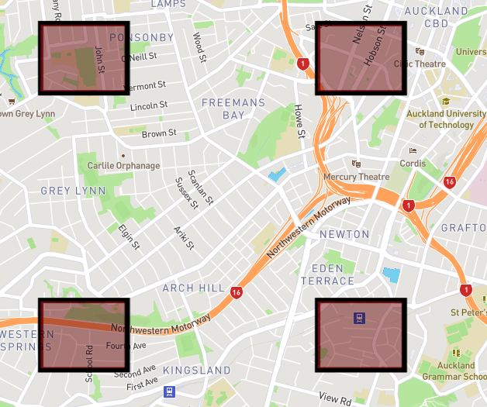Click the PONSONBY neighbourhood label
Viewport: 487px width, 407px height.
[142, 37]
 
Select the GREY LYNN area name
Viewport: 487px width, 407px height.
[67, 191]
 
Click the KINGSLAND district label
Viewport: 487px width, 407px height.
[197, 370]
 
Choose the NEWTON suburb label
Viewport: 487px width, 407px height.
[344, 234]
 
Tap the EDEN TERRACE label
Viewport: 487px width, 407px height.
[327, 274]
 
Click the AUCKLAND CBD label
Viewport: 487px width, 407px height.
[437, 17]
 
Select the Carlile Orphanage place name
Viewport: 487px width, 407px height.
[123, 166]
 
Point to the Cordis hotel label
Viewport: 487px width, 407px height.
[413, 164]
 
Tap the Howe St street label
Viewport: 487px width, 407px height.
[300, 122]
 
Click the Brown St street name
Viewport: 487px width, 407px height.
[159, 133]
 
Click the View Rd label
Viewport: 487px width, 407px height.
[335, 398]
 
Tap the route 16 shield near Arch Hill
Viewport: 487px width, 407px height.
[236, 292]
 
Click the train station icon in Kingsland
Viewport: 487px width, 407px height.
[170, 392]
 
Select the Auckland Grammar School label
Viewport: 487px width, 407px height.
[454, 371]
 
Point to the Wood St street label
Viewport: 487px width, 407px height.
[199, 47]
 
